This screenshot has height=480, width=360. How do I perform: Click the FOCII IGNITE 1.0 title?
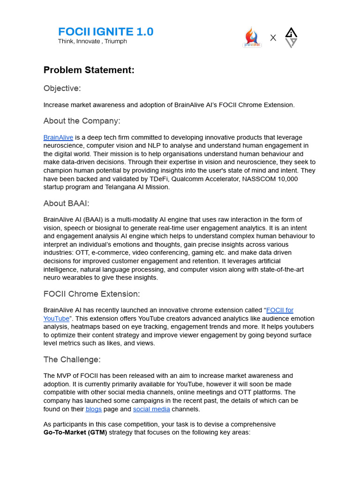click(x=105, y=32)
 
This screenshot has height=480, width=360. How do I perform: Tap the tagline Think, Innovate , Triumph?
click(x=92, y=41)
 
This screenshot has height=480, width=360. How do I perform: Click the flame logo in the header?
click(x=252, y=37)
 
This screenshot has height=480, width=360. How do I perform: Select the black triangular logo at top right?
click(x=291, y=37)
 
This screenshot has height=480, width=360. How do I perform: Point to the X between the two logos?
click(x=273, y=37)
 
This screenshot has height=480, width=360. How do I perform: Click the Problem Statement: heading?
click(x=89, y=70)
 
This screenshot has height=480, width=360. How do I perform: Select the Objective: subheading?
click(x=62, y=88)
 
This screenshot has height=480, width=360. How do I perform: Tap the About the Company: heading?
click(x=82, y=121)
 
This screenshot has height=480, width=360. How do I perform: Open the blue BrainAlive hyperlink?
click(x=58, y=137)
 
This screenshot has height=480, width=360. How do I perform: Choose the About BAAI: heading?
click(x=66, y=203)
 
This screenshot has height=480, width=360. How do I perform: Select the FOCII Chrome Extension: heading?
click(x=91, y=294)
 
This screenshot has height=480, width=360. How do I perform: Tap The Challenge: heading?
click(x=72, y=360)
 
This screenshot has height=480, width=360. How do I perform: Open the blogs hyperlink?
click(x=94, y=409)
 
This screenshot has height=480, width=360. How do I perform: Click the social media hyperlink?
click(x=151, y=409)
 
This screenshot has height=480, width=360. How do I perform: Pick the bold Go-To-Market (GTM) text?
click(x=75, y=432)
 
